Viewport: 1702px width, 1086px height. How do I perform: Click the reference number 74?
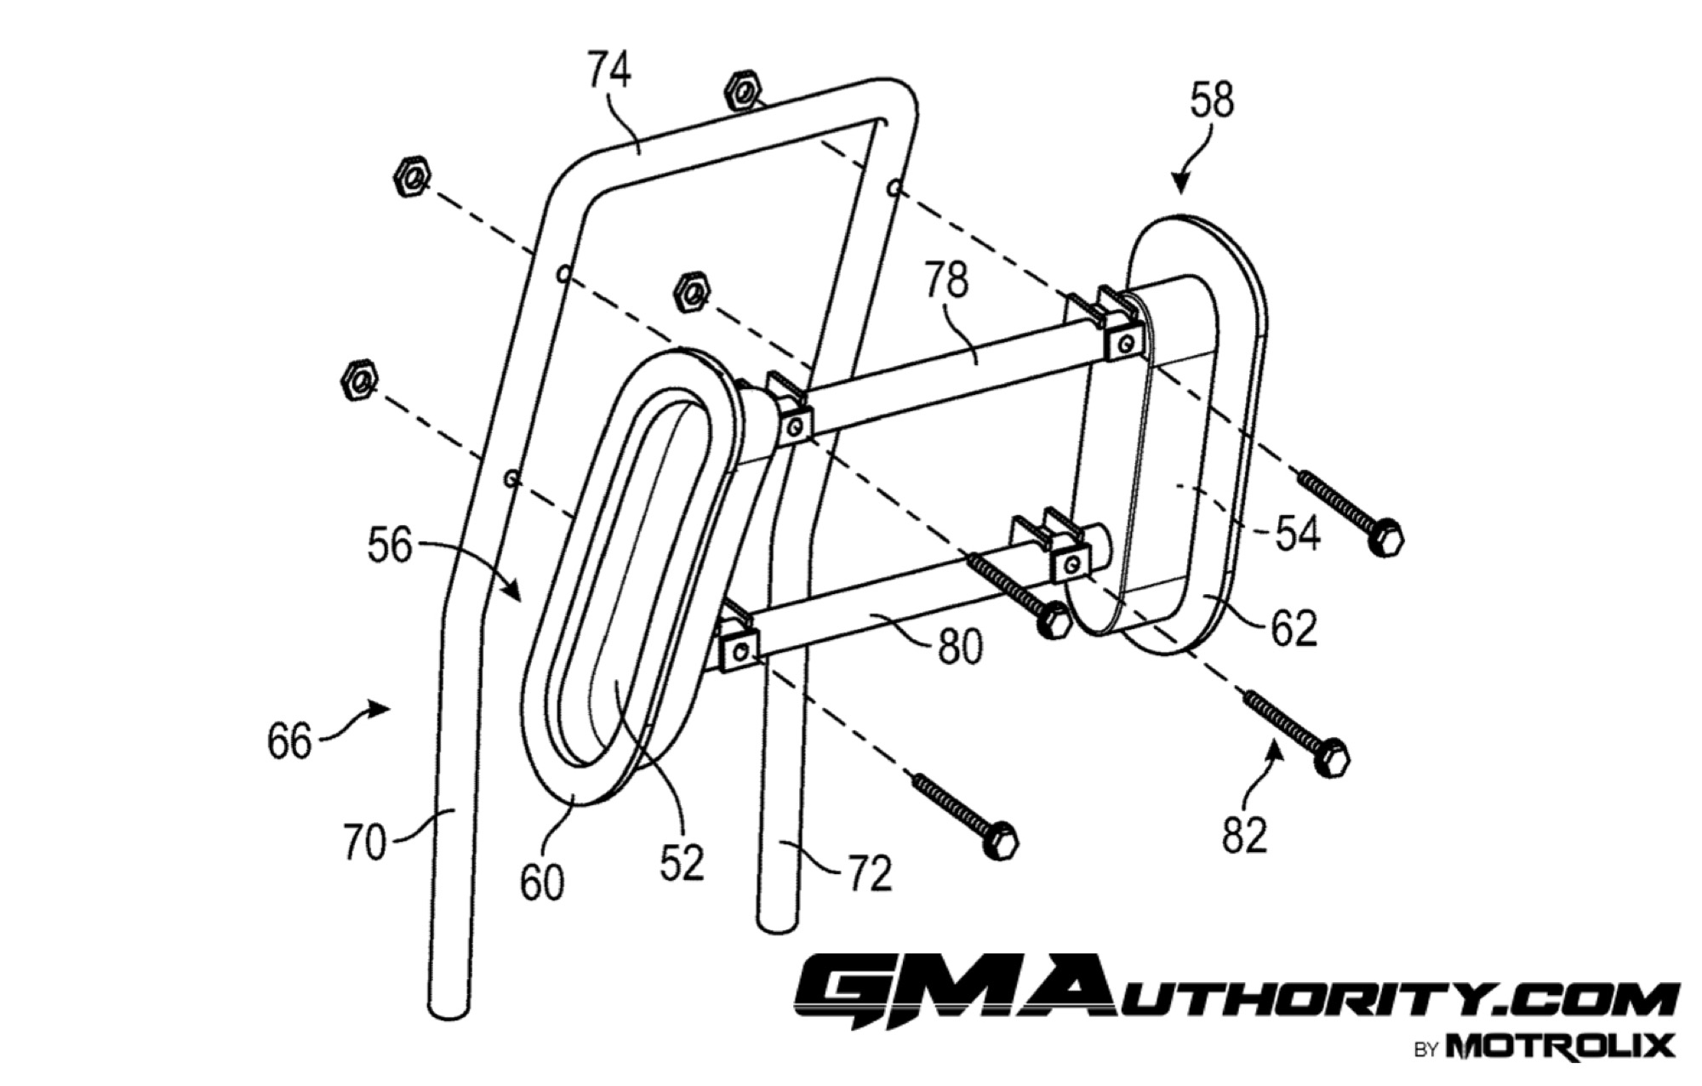pos(609,69)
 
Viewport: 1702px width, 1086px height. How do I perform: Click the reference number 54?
pos(1297,534)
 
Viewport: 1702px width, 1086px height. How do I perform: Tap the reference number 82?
pos(1245,834)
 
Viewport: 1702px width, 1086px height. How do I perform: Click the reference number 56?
pos(390,545)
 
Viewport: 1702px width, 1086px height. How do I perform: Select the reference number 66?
pos(289,741)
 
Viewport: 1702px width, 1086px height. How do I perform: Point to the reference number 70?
pos(364,843)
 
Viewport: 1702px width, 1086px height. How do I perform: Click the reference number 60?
pos(542,883)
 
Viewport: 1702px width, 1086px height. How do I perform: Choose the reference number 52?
pos(682,862)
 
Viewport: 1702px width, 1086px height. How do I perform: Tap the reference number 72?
pos(869,873)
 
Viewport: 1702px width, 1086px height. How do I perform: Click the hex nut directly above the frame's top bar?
pos(743,89)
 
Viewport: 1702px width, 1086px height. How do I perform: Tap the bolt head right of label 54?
pos(1385,538)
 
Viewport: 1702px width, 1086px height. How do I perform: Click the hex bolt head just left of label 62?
pos(1054,620)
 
